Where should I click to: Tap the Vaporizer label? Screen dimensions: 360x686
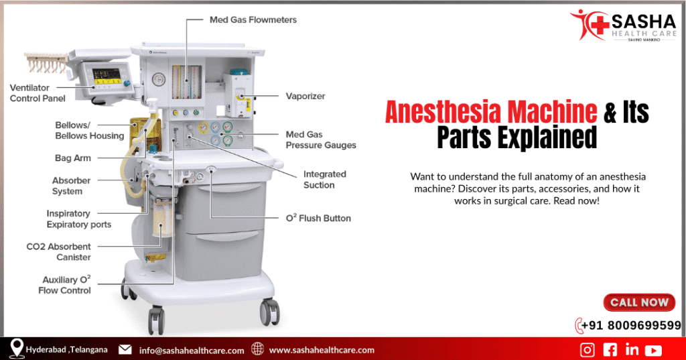point(305,97)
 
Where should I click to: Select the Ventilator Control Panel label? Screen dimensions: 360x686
point(38,93)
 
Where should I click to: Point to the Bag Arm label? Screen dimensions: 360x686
point(72,159)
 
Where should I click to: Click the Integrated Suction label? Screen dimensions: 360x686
point(324,180)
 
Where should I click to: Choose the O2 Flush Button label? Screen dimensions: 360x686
point(319,218)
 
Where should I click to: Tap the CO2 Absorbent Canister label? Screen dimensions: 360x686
point(59,252)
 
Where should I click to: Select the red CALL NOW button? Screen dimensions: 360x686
point(639,303)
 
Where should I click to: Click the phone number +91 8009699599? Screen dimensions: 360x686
point(631,326)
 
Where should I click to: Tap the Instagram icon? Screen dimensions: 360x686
point(588,349)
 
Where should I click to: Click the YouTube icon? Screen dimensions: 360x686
point(653,349)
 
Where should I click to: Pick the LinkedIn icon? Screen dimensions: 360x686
point(631,349)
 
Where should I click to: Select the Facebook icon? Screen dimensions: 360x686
point(610,349)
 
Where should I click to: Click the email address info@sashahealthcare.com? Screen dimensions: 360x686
point(192,350)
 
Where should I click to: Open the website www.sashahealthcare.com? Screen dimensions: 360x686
point(322,350)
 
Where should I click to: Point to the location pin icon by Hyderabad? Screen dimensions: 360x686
point(17,348)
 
